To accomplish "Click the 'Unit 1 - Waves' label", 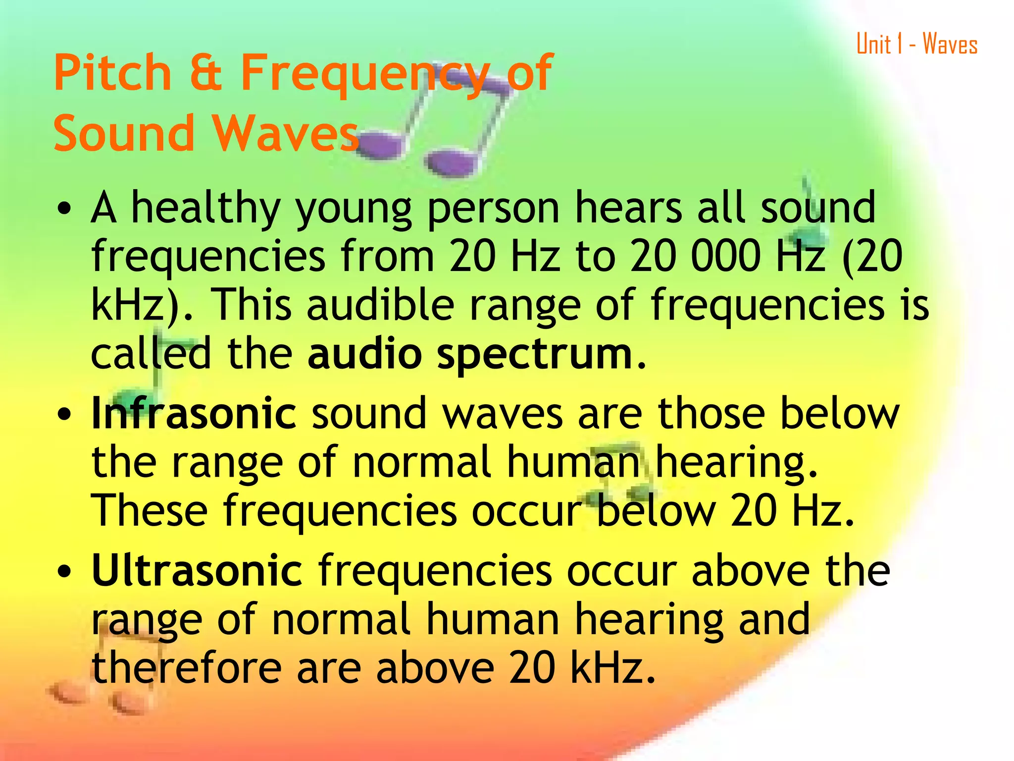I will pos(917,44).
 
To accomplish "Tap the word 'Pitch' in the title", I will pos(113,73).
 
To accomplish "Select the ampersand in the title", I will pos(205,73).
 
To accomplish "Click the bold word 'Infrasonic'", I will pos(194,413).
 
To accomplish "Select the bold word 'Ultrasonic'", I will pos(197,571).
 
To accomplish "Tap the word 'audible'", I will pos(380,304).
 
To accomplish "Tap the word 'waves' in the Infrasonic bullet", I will pos(502,414).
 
